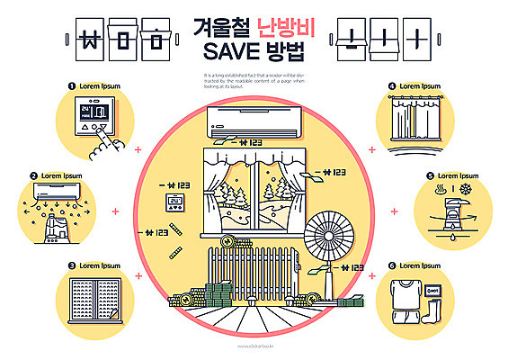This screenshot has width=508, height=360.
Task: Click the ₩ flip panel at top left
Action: pos(91,40)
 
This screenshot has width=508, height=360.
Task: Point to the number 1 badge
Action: pos(71,86)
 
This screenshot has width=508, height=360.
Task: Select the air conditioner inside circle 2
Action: pos(55,191)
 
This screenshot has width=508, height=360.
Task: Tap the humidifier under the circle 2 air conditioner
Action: pos(56,224)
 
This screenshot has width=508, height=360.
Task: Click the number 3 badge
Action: pos(71,265)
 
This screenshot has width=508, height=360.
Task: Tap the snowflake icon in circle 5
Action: pos(466,192)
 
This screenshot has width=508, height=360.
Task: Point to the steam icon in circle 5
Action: pos(441,191)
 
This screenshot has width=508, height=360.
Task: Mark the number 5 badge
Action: pos(430,176)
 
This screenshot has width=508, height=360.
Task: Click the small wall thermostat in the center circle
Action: pos(174,202)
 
